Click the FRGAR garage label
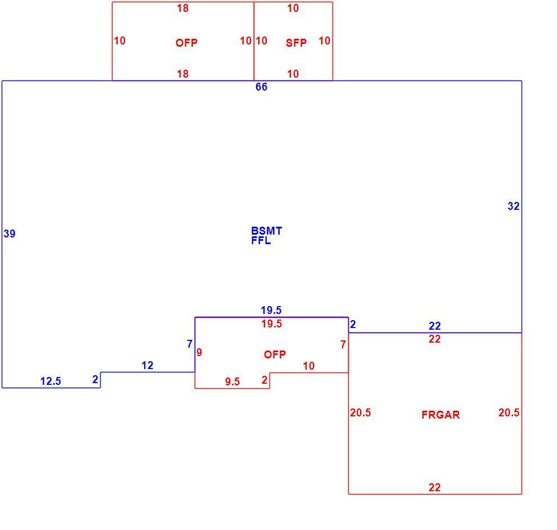(x=441, y=415)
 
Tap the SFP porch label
(x=297, y=43)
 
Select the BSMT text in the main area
(x=267, y=231)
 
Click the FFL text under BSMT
(x=260, y=240)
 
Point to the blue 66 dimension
(x=262, y=87)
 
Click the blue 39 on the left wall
(x=10, y=233)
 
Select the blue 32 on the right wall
(x=514, y=206)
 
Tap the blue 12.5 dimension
(x=51, y=381)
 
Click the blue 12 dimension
(x=147, y=366)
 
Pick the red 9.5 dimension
(x=232, y=381)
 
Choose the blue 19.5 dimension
(x=271, y=310)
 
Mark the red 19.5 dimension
(x=272, y=324)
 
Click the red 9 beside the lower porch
(x=199, y=352)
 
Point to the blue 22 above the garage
(x=435, y=326)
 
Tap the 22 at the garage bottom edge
(x=435, y=487)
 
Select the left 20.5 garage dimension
(x=361, y=412)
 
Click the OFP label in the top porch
(x=186, y=43)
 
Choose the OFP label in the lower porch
(x=275, y=354)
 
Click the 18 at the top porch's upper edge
(x=183, y=8)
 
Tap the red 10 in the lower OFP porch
(x=309, y=366)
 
